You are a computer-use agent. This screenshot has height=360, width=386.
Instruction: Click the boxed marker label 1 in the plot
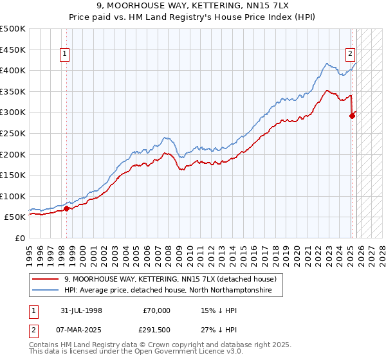click(x=66, y=55)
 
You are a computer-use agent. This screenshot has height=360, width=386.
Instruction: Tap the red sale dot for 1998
click(x=67, y=208)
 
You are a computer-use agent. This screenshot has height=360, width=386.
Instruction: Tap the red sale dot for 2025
click(x=352, y=116)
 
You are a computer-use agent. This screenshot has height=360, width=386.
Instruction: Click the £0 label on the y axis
click(x=19, y=238)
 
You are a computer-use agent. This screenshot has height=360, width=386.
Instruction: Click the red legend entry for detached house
click(x=170, y=279)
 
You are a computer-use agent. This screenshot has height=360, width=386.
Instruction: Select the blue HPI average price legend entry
click(x=168, y=291)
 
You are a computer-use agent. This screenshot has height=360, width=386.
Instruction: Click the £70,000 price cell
click(x=156, y=310)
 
